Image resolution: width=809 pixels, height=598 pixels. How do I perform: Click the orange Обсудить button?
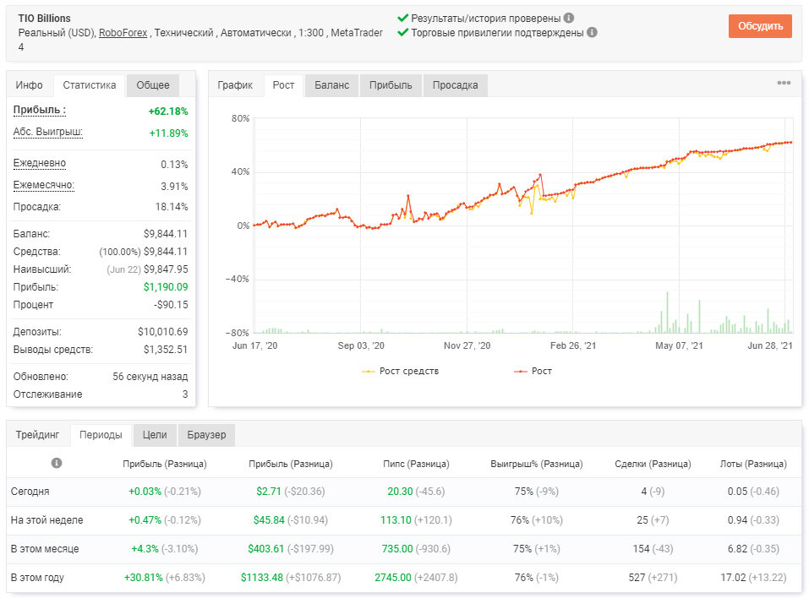point(760,26)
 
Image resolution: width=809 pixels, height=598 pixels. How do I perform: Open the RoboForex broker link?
point(123,33)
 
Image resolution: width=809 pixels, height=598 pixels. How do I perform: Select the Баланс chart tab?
point(331,85)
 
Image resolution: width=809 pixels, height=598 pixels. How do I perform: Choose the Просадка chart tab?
point(455,85)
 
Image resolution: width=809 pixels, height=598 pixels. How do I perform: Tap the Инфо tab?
point(29,85)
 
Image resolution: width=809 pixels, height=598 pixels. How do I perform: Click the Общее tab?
point(153,85)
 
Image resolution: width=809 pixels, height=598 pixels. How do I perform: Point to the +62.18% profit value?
point(168,111)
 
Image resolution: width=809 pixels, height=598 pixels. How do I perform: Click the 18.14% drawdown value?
point(172,207)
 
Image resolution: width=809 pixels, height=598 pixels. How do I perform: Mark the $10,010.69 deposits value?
point(163,331)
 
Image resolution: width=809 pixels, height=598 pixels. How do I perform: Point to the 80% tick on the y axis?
point(240,118)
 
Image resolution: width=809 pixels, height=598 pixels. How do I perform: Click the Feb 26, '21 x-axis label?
point(572,345)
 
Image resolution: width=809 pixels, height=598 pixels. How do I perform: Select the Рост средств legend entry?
point(401,371)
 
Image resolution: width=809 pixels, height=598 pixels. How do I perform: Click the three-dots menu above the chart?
point(784,83)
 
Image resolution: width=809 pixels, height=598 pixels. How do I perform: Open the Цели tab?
point(155,435)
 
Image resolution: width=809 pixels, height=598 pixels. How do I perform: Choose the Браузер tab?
point(206,435)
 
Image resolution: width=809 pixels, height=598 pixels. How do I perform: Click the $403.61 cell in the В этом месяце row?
point(265,548)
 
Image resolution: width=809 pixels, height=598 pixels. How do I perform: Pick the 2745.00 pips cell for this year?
point(393,578)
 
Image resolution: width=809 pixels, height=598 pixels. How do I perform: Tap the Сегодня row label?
point(30,492)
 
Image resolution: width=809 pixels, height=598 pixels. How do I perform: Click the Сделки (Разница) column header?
point(653,464)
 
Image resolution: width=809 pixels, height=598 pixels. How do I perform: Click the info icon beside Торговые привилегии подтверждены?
point(593,32)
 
